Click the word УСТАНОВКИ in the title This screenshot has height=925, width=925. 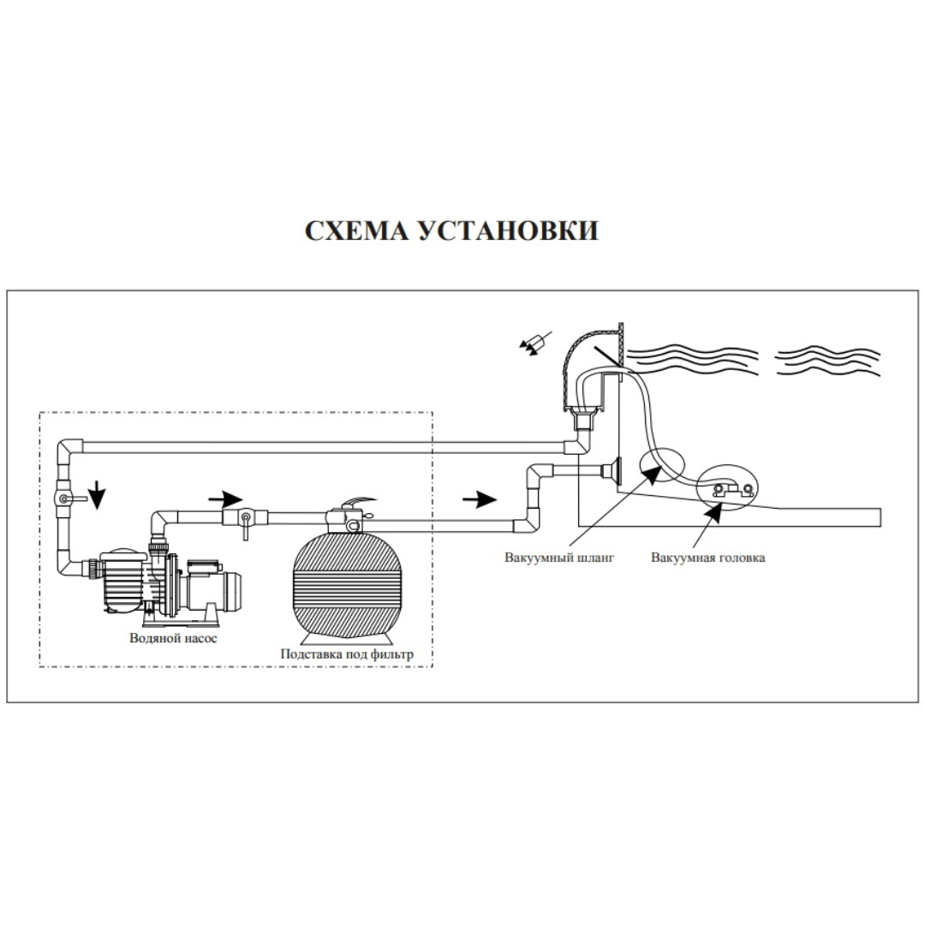pos(508,231)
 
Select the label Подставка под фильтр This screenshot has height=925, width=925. pos(347,654)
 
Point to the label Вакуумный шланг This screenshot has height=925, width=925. pos(559,558)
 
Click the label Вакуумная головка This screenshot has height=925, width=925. pos(707,558)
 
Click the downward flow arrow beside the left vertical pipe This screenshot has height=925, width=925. pos(99,494)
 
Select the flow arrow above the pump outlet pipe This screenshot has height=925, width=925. pos(226,497)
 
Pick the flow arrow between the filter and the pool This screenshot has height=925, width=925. pos(480,497)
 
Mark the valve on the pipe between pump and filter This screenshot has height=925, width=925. pos(244,519)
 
